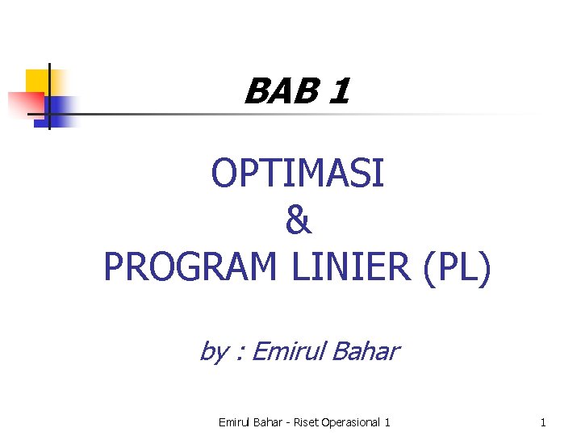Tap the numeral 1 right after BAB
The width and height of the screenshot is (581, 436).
(x=340, y=91)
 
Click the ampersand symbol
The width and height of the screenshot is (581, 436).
(x=298, y=220)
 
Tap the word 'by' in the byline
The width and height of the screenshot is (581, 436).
(x=213, y=352)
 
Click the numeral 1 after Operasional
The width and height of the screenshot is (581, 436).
(x=388, y=422)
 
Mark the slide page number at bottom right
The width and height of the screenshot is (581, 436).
(x=543, y=422)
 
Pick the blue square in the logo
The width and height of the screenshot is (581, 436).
(x=61, y=108)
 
